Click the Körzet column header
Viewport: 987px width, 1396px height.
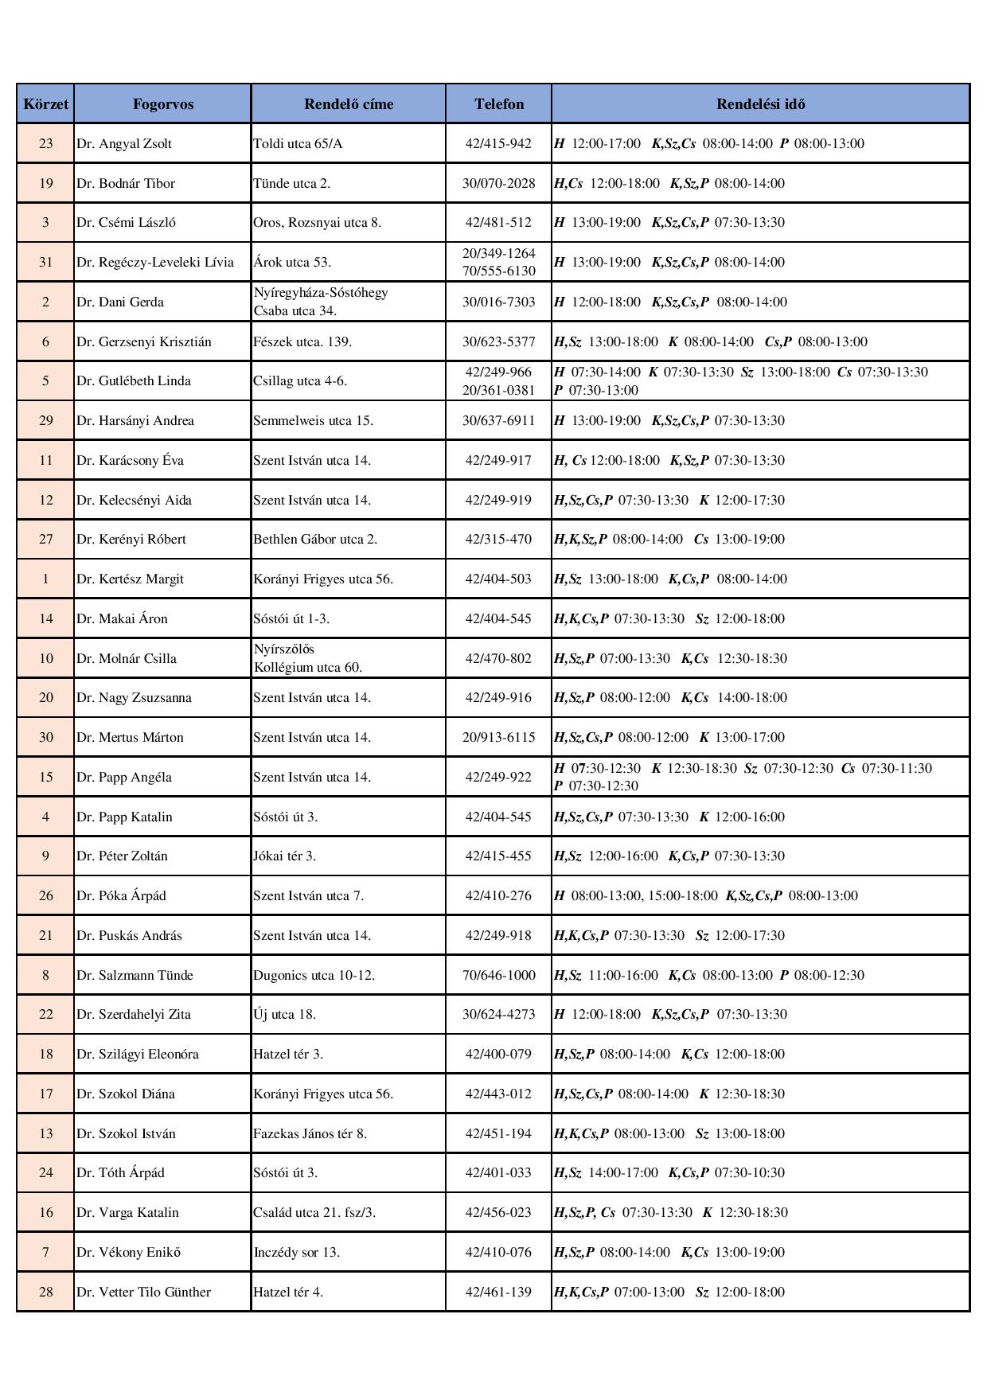[x=45, y=104]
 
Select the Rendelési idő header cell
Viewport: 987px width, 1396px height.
[x=760, y=104]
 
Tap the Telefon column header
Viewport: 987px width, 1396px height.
[x=499, y=104]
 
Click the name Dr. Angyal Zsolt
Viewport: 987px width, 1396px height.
[x=124, y=144]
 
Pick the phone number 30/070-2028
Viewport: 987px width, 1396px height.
[x=499, y=183]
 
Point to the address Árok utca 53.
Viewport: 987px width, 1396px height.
[x=292, y=263]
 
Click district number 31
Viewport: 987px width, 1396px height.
[x=45, y=263]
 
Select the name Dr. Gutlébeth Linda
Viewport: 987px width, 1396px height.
[x=134, y=381]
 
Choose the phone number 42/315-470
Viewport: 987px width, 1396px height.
[x=499, y=540]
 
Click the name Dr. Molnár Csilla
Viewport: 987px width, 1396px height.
[x=127, y=658]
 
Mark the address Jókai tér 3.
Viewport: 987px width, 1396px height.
[x=284, y=856]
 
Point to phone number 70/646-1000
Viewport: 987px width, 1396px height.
[x=499, y=975]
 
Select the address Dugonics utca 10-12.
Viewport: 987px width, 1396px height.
[x=314, y=975]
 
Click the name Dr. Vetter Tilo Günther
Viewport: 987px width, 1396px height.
[x=144, y=1292]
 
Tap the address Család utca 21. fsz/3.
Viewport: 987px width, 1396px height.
[x=314, y=1213]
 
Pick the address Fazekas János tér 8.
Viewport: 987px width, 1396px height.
[x=310, y=1133]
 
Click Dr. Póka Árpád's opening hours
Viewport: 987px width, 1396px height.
[x=706, y=896]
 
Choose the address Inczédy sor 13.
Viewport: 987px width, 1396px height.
[x=296, y=1252]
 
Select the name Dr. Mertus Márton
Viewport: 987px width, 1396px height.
[x=130, y=738]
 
